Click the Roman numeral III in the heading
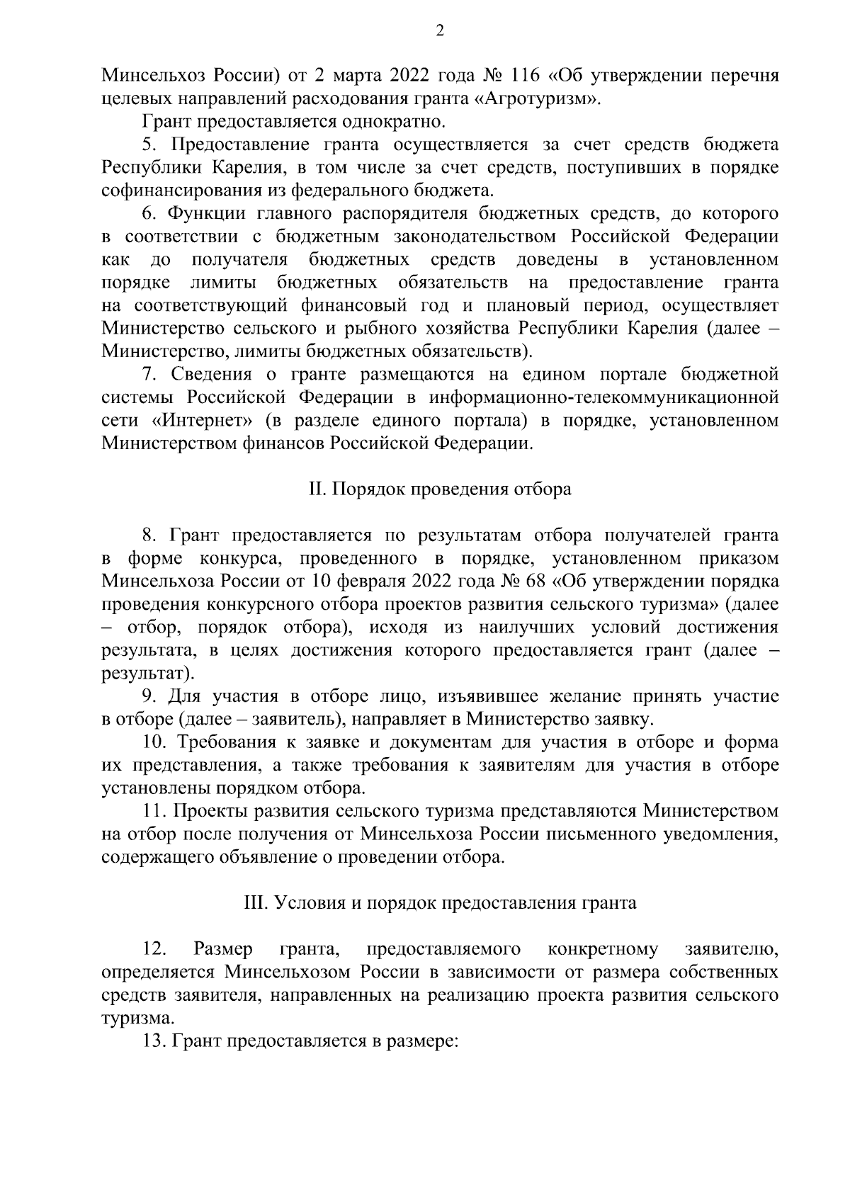coord(255,904)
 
